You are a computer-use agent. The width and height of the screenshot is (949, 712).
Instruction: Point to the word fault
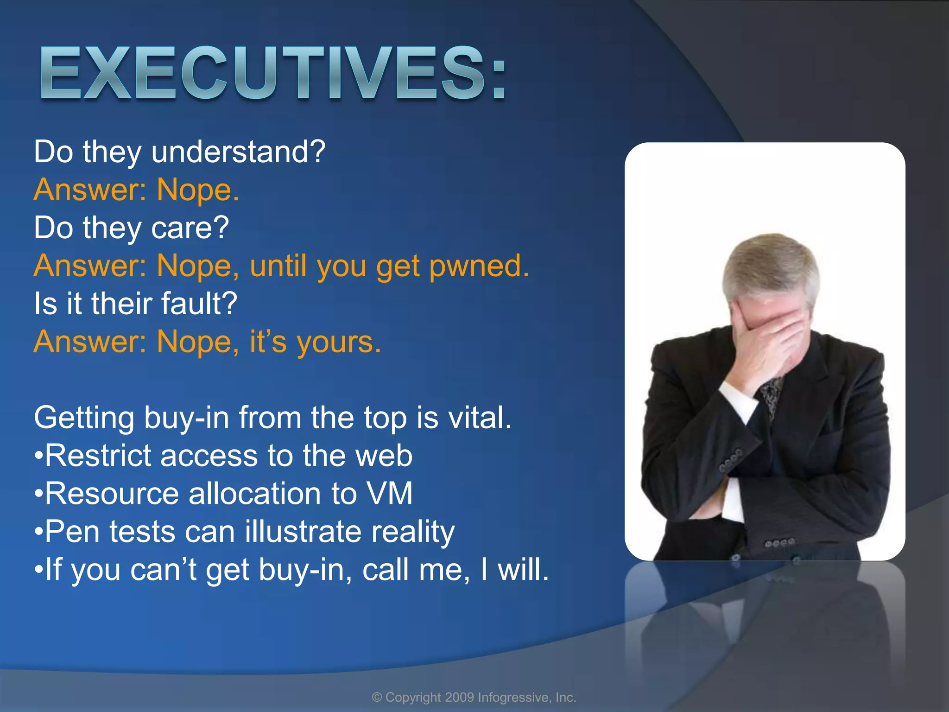tap(199, 304)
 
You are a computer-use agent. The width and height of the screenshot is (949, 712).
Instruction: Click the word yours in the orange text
tap(338, 342)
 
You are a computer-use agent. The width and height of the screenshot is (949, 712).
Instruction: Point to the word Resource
tap(111, 494)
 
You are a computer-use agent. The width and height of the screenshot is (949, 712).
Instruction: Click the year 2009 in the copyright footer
tap(459, 698)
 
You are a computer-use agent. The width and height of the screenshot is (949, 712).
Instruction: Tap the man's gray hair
tap(769, 264)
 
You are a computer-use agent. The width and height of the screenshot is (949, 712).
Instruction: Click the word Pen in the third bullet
tap(72, 532)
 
